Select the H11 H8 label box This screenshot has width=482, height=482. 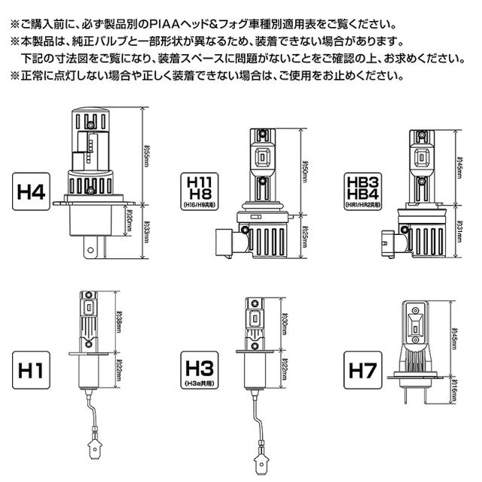point(197,189)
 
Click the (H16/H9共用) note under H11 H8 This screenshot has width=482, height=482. point(197,205)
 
